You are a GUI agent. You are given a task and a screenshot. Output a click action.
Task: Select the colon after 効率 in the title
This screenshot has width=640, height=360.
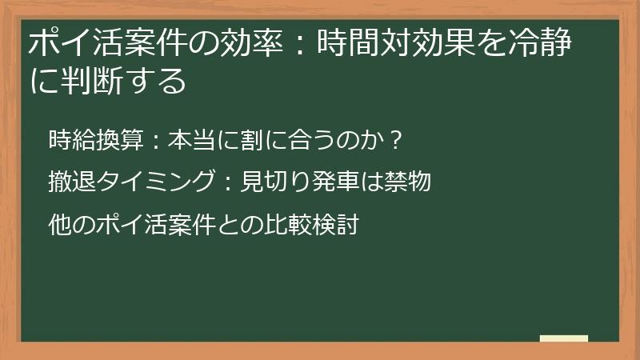(x=303, y=43)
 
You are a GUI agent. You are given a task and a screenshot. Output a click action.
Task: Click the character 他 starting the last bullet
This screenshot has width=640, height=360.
(x=59, y=225)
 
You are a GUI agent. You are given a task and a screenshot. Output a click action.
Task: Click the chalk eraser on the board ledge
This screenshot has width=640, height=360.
(x=563, y=339)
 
